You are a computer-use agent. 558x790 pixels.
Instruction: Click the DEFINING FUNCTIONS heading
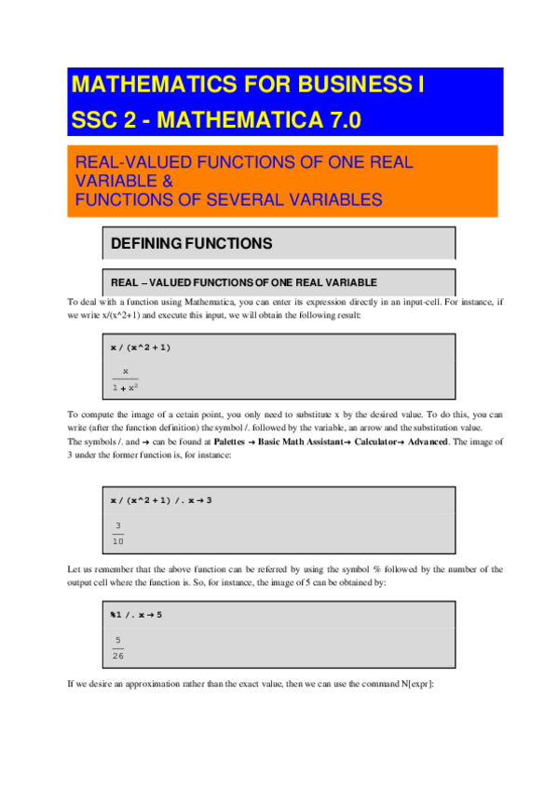click(191, 244)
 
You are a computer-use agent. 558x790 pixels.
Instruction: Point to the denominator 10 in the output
click(118, 539)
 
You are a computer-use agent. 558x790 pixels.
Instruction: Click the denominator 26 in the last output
click(118, 655)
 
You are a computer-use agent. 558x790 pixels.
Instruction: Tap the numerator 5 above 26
click(118, 640)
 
